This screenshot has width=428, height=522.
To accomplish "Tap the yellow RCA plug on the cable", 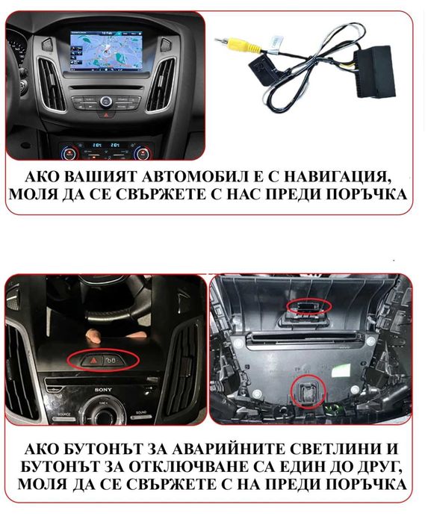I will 233,45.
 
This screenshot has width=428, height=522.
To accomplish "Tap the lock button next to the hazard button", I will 110,360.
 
